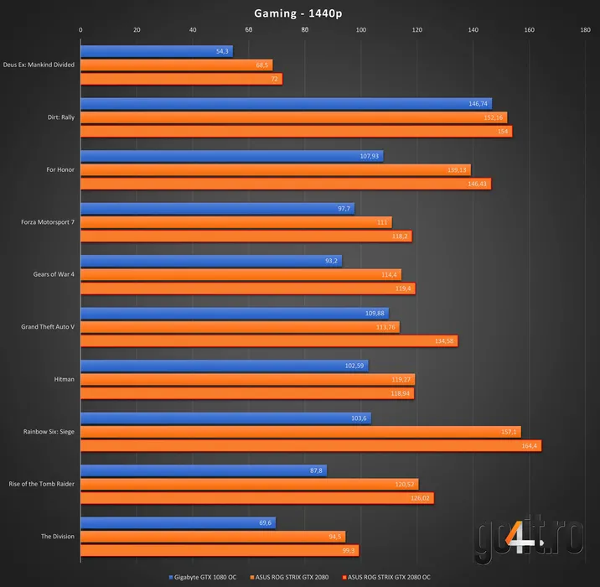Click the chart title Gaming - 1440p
pyautogui.click(x=299, y=13)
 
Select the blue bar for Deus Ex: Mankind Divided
pyautogui.click(x=156, y=51)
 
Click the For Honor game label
pyautogui.click(x=60, y=169)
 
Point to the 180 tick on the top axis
pyautogui.click(x=585, y=30)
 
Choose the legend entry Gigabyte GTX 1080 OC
pyautogui.click(x=205, y=577)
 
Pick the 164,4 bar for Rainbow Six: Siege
pyautogui.click(x=310, y=445)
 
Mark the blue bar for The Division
pyautogui.click(x=178, y=522)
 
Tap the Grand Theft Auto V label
pyautogui.click(x=48, y=326)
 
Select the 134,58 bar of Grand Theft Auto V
pyautogui.click(x=268, y=340)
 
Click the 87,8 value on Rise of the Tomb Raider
pyautogui.click(x=316, y=470)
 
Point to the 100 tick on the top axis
pyautogui.click(x=360, y=30)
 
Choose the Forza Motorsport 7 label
pyautogui.click(x=48, y=222)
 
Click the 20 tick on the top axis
pyautogui.click(x=137, y=30)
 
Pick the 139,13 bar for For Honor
pyautogui.click(x=275, y=169)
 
